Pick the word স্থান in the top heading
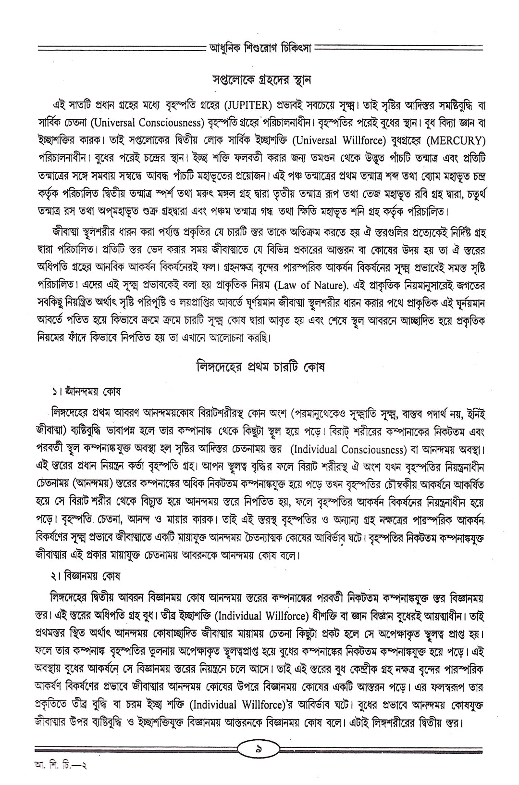click(300, 79)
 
